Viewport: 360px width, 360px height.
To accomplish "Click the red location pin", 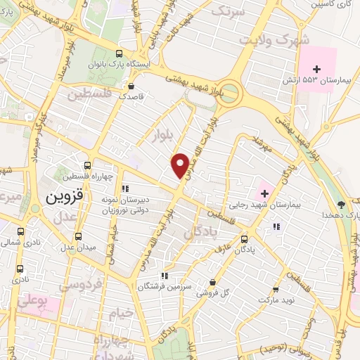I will pos(181,165).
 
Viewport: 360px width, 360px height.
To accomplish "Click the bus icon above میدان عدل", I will pos(77,236).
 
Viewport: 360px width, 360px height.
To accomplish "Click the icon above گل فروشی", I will pos(222,281).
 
